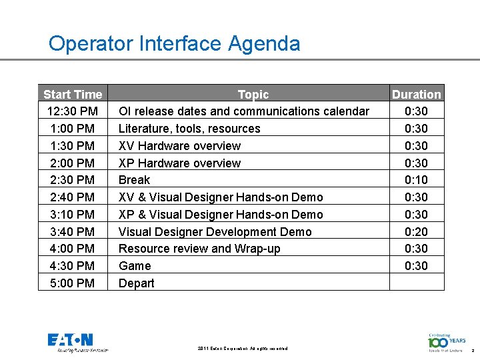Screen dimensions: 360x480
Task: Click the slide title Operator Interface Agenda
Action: coord(174,44)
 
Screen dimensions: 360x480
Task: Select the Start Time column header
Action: coord(73,95)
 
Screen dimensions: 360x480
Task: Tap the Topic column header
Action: coord(253,95)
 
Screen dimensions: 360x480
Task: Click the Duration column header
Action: coord(416,95)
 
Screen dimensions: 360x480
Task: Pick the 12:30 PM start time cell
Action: coord(73,111)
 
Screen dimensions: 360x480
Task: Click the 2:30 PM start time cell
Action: coord(73,180)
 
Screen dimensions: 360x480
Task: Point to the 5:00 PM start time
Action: coord(73,283)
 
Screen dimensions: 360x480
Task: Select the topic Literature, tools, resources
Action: coord(189,129)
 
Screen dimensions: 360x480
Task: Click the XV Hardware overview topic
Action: coord(179,146)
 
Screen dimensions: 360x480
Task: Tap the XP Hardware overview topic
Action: coord(179,163)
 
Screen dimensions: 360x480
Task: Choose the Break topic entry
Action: coord(134,180)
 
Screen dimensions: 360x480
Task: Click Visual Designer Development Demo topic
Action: coord(215,232)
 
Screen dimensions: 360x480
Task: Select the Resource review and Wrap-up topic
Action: coord(199,249)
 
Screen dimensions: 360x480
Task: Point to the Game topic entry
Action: coord(135,266)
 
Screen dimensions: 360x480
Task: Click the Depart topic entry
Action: coord(136,283)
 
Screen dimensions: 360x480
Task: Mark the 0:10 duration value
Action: coord(416,180)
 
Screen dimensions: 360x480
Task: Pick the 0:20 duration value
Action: coord(416,232)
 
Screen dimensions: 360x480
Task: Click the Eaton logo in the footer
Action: coord(71,341)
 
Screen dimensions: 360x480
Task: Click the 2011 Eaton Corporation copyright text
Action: coord(243,349)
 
